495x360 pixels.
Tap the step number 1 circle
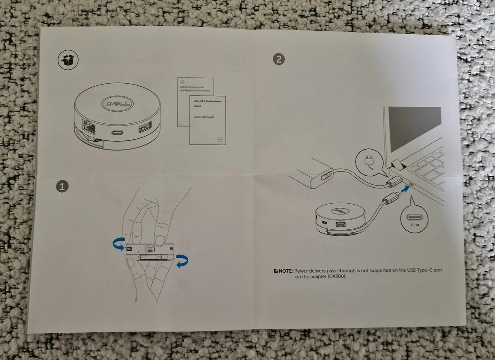[62, 187]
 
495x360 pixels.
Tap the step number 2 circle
[279, 59]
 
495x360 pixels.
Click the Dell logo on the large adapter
[113, 102]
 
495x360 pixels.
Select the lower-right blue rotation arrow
[181, 261]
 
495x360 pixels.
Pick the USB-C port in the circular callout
[414, 217]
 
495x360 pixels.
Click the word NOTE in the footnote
[285, 271]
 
